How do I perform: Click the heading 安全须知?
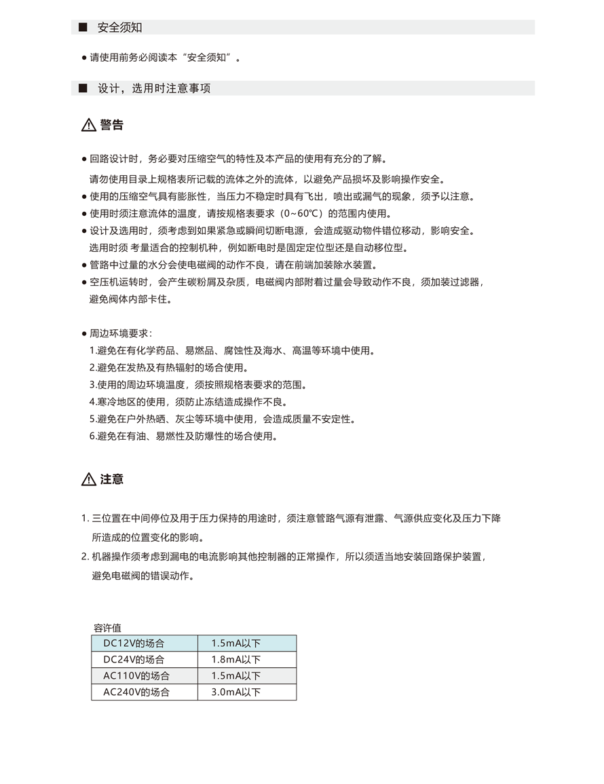pos(119,28)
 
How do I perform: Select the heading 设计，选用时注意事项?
pos(154,89)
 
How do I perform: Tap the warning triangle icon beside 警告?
pos(89,126)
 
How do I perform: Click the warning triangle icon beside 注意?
pos(89,480)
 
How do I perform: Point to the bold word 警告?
pos(112,126)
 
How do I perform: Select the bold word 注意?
pos(112,479)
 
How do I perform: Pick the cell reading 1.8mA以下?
pos(235,660)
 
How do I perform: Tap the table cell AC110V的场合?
pos(136,676)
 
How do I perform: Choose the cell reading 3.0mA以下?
pos(235,693)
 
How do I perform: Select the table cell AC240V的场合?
pos(136,693)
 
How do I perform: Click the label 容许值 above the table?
pos(107,628)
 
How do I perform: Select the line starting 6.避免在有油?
pos(183,436)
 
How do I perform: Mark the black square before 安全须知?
pos(83,28)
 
